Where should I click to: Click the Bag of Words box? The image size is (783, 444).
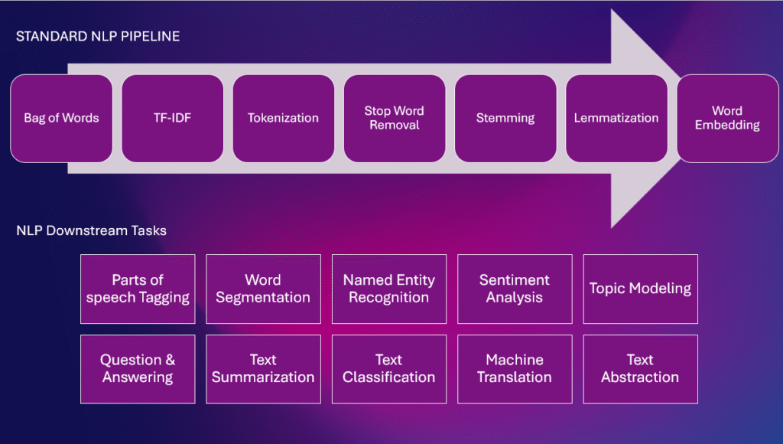click(61, 119)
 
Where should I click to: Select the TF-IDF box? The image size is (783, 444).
click(172, 119)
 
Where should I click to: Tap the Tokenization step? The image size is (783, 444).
click(283, 119)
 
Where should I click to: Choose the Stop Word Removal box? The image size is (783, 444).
click(395, 119)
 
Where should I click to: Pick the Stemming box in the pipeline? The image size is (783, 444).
click(505, 119)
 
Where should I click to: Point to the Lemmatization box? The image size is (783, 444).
click(616, 119)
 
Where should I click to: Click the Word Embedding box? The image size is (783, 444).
click(728, 119)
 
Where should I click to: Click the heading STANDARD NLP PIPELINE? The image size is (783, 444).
click(98, 37)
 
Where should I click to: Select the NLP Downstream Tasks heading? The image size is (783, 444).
click(92, 230)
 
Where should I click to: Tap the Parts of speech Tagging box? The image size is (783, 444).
click(138, 289)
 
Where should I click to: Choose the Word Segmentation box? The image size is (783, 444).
click(263, 289)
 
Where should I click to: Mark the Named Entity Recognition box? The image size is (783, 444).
click(389, 289)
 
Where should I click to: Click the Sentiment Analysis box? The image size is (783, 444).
click(515, 289)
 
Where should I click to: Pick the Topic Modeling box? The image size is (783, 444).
click(640, 289)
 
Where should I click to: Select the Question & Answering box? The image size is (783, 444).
click(138, 369)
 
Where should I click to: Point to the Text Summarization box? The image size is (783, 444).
click(263, 369)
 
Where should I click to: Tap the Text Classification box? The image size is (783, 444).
click(389, 369)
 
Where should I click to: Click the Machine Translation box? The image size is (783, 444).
click(515, 369)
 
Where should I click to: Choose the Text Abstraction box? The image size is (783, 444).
click(640, 369)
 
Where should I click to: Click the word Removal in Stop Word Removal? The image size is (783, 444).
click(395, 125)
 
